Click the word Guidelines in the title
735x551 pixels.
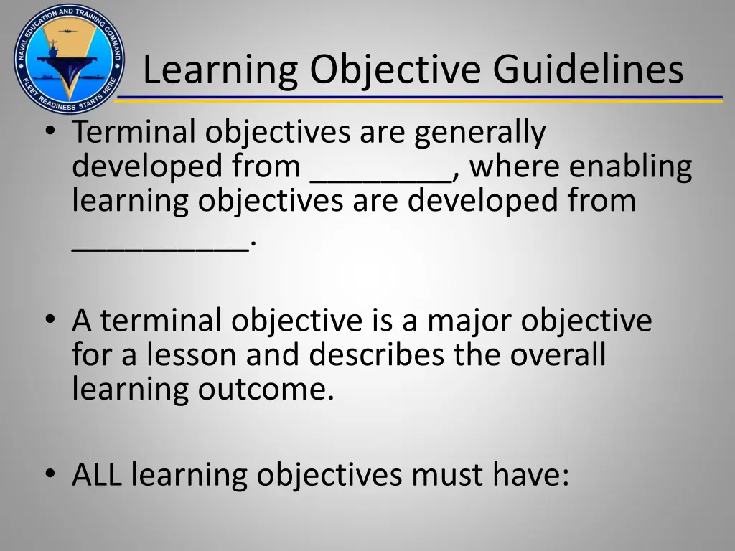pyautogui.click(x=589, y=70)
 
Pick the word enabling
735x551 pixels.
pyautogui.click(x=632, y=167)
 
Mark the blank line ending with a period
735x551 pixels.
pyautogui.click(x=161, y=247)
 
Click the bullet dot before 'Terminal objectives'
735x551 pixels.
pyautogui.click(x=49, y=131)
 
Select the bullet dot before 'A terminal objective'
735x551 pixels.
pyautogui.click(x=49, y=321)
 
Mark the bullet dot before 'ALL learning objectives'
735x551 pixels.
pyautogui.click(x=49, y=474)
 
